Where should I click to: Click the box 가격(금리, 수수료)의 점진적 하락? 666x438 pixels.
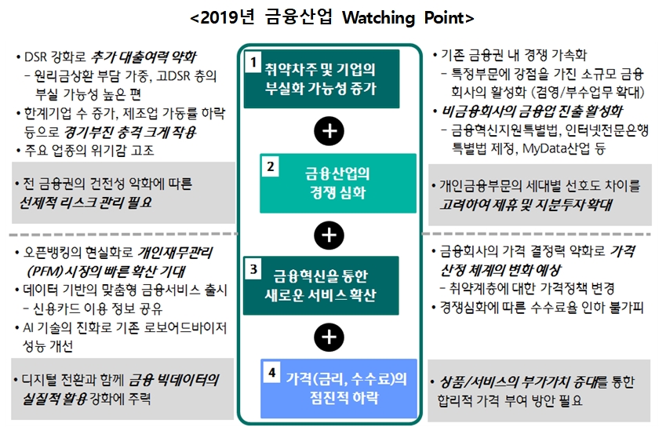pos(337,388)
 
